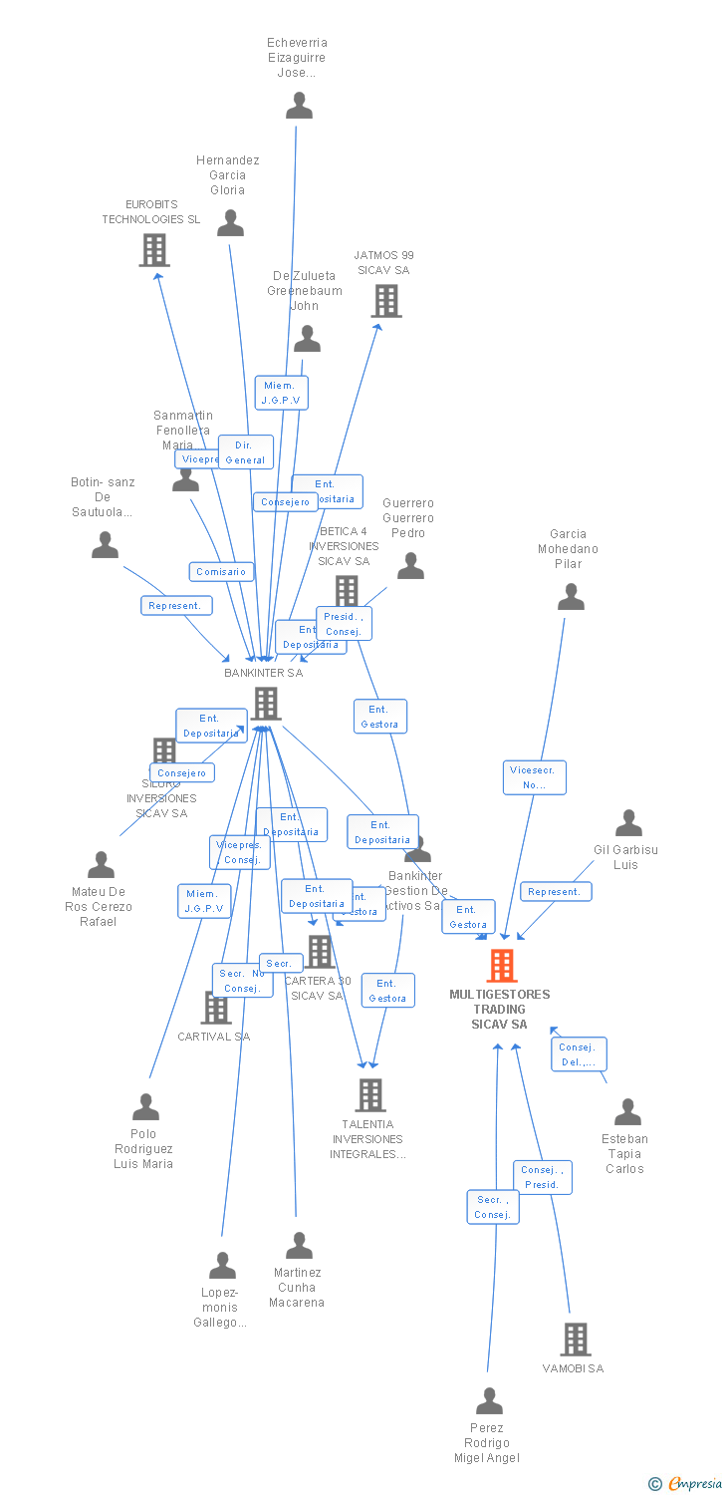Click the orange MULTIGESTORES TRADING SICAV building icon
click(502, 966)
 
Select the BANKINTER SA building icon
click(265, 704)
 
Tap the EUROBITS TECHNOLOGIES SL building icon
click(154, 250)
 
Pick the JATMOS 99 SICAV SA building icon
click(386, 301)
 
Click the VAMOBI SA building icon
click(576, 1340)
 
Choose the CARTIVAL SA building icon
click(216, 1008)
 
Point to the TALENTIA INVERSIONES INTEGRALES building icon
click(370, 1095)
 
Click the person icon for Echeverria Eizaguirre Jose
click(299, 106)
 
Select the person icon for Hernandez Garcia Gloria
click(231, 223)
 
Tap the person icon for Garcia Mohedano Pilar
click(571, 597)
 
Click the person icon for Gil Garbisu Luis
click(628, 823)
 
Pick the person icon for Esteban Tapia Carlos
click(627, 1112)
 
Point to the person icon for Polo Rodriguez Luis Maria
click(146, 1107)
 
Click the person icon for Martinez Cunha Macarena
click(299, 1246)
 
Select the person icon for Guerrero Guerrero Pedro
click(410, 566)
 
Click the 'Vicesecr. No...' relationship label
click(534, 777)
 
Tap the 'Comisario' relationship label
click(221, 572)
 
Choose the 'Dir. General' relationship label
click(245, 452)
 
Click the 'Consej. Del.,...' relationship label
click(578, 1054)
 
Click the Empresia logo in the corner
click(686, 1484)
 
